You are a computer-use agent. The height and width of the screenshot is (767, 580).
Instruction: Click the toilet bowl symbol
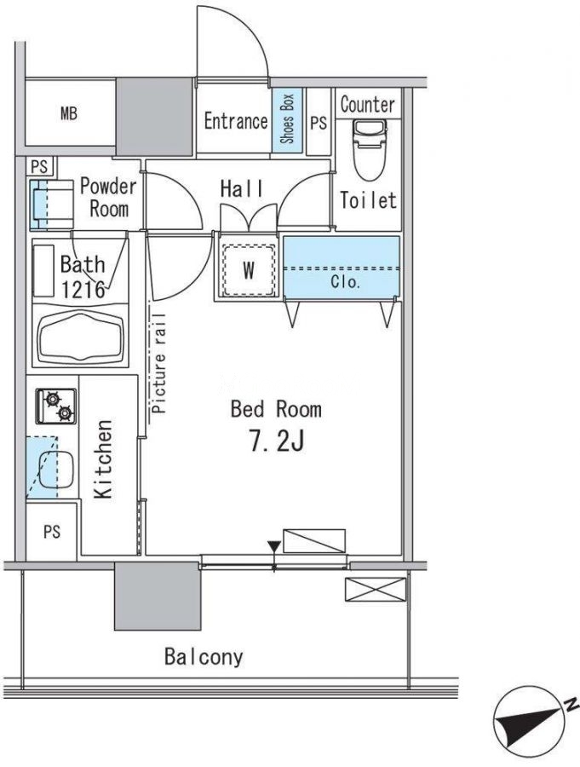pyautogui.click(x=369, y=150)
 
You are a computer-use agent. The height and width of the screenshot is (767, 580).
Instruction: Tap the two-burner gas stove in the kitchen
pyautogui.click(x=55, y=406)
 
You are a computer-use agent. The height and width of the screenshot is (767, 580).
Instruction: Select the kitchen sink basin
pyautogui.click(x=55, y=470)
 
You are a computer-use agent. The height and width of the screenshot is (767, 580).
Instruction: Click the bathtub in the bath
pyautogui.click(x=81, y=336)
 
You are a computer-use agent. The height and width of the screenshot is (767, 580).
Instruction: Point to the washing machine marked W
pyautogui.click(x=249, y=269)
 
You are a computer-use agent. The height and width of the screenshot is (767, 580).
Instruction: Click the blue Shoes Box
pyautogui.click(x=288, y=119)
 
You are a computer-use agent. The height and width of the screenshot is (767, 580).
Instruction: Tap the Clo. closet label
pyautogui.click(x=345, y=282)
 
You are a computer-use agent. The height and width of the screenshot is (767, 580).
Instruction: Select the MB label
pyautogui.click(x=69, y=114)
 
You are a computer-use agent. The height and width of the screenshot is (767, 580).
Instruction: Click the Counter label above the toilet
pyautogui.click(x=367, y=104)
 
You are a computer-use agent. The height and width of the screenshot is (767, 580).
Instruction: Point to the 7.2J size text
pyautogui.click(x=277, y=441)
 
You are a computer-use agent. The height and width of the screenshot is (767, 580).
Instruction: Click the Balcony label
pyautogui.click(x=204, y=656)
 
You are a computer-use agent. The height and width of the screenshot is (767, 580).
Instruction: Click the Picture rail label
pyautogui.click(x=158, y=363)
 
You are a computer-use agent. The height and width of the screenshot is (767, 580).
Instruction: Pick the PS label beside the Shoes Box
pyautogui.click(x=319, y=122)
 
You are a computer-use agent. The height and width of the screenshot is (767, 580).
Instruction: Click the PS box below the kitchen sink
pyautogui.click(x=51, y=531)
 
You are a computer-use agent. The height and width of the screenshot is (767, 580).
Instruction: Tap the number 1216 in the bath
pyautogui.click(x=83, y=290)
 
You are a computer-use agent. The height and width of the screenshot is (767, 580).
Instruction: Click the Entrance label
pyautogui.click(x=236, y=121)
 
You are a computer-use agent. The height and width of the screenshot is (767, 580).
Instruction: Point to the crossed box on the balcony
pyautogui.click(x=376, y=590)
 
